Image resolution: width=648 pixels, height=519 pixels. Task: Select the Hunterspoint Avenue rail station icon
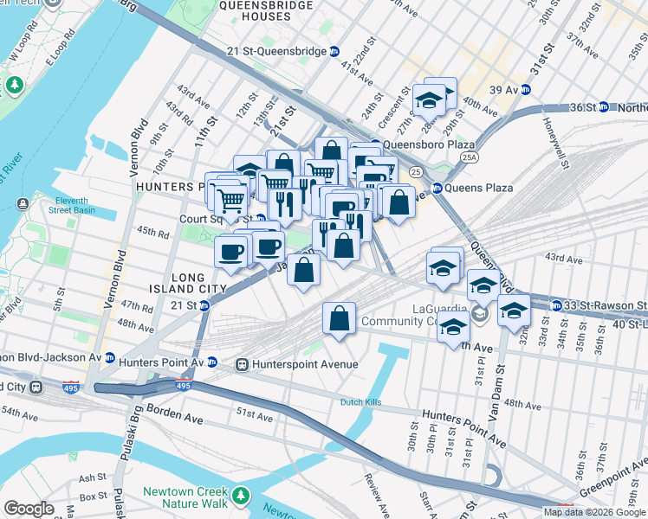coord(243,364)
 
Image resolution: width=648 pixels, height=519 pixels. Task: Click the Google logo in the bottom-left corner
coord(29,509)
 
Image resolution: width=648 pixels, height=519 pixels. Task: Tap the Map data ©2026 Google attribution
coord(594,512)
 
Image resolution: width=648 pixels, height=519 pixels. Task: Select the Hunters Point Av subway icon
coord(212,363)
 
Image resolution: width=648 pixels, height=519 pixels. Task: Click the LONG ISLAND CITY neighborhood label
coord(188,283)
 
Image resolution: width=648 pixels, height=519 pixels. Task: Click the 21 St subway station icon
coord(204,305)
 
